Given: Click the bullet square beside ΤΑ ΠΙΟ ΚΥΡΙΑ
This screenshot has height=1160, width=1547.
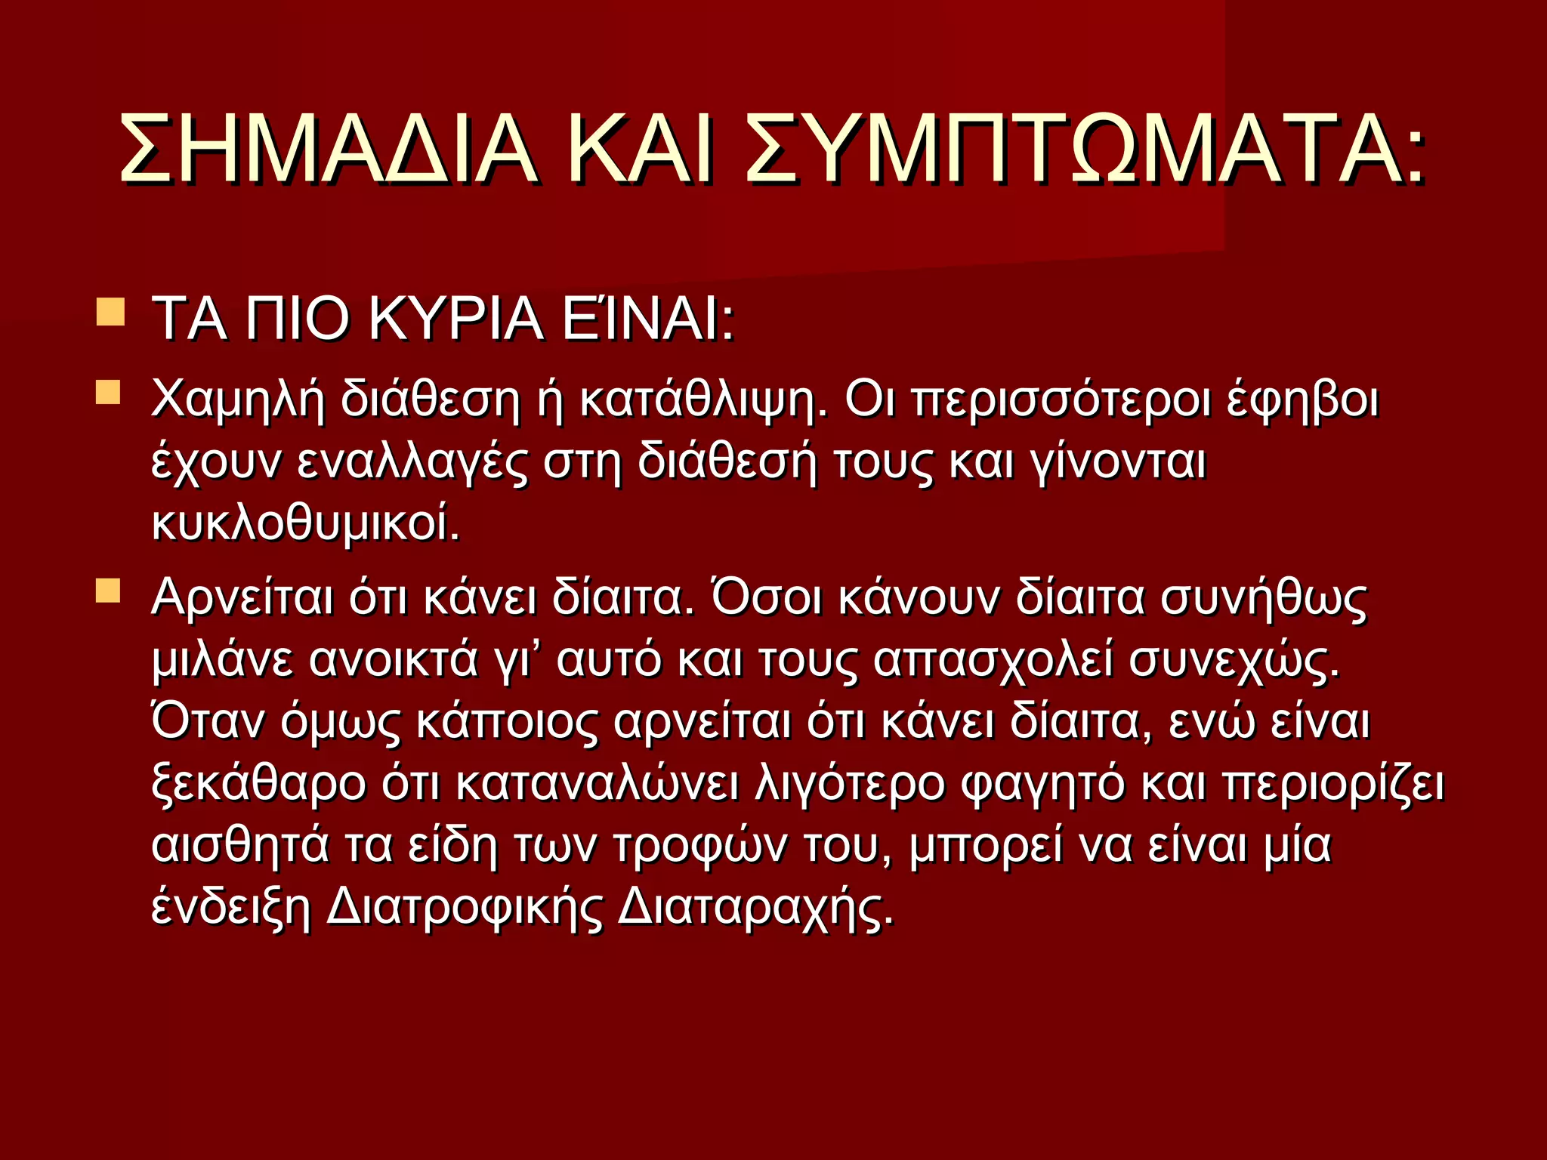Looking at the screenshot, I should [x=111, y=311].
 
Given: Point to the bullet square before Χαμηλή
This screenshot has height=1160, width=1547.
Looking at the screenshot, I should [x=109, y=392].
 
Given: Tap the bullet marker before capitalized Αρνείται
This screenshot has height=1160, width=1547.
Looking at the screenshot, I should [x=109, y=591].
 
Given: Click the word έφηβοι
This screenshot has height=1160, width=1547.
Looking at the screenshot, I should [x=1302, y=400].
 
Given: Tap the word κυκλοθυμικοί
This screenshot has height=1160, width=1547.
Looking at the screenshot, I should [x=305, y=523].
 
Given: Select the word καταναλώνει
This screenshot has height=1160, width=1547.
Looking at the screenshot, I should [x=597, y=784].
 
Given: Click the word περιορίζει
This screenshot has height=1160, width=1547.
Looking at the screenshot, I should [x=1332, y=784].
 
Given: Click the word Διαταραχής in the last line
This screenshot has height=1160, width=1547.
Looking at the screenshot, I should [x=755, y=908].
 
